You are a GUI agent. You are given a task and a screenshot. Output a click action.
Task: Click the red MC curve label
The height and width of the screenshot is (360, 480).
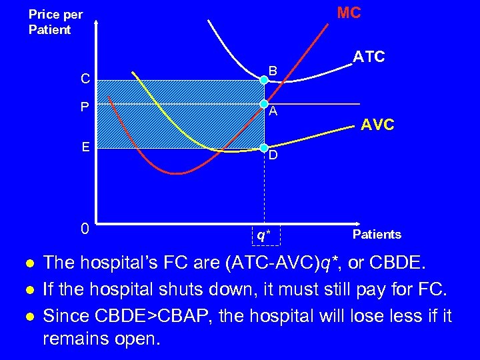coord(349,13)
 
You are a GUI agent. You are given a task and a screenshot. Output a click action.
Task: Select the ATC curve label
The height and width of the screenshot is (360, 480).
coord(369,57)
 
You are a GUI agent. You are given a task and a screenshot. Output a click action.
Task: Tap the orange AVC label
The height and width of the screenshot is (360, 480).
coord(377,125)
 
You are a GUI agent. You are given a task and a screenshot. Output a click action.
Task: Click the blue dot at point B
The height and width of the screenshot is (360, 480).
coord(264,80)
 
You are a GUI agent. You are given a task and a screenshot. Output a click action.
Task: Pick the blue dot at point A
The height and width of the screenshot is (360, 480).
coord(264,103)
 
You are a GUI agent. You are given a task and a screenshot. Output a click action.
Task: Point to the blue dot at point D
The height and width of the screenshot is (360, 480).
coord(264,147)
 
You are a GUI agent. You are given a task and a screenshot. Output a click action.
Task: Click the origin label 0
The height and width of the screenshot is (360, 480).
coord(85,228)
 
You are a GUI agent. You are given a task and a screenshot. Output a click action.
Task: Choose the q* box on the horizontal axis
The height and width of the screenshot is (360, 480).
coord(265,235)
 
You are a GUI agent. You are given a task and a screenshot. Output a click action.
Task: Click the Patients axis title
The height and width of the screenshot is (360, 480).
coord(377,234)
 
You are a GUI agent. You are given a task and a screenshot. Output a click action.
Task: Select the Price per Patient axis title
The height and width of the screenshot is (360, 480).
coord(55,22)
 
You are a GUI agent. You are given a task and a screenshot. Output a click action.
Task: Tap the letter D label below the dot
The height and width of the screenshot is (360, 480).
coord(274,156)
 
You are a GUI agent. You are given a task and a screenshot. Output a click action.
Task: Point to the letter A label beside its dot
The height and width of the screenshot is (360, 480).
coord(273,111)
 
